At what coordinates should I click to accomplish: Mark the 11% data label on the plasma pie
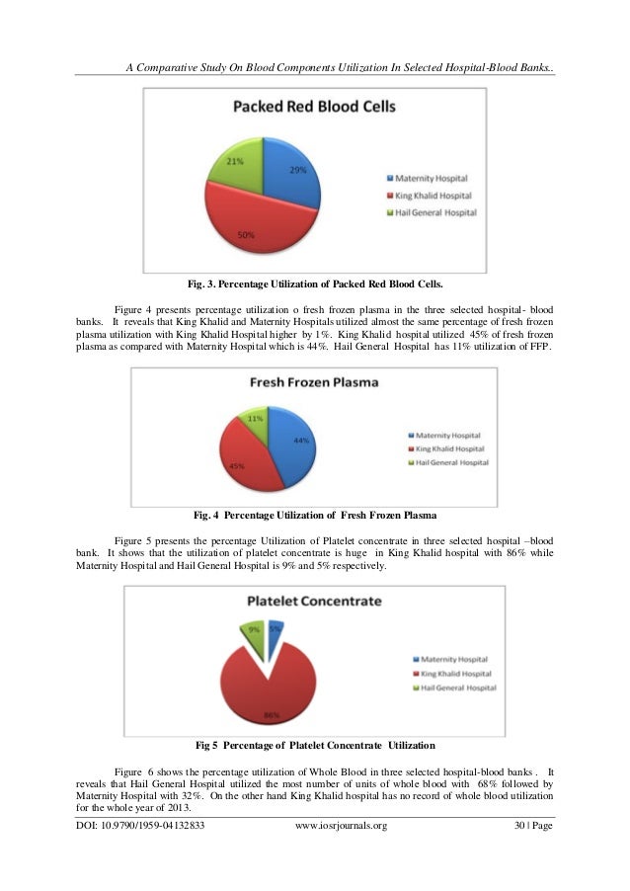[256, 418]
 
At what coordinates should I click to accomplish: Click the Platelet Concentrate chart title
[314, 601]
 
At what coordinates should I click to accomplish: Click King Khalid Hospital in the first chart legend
[433, 196]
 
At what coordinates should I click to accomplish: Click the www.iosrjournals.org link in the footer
[342, 825]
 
